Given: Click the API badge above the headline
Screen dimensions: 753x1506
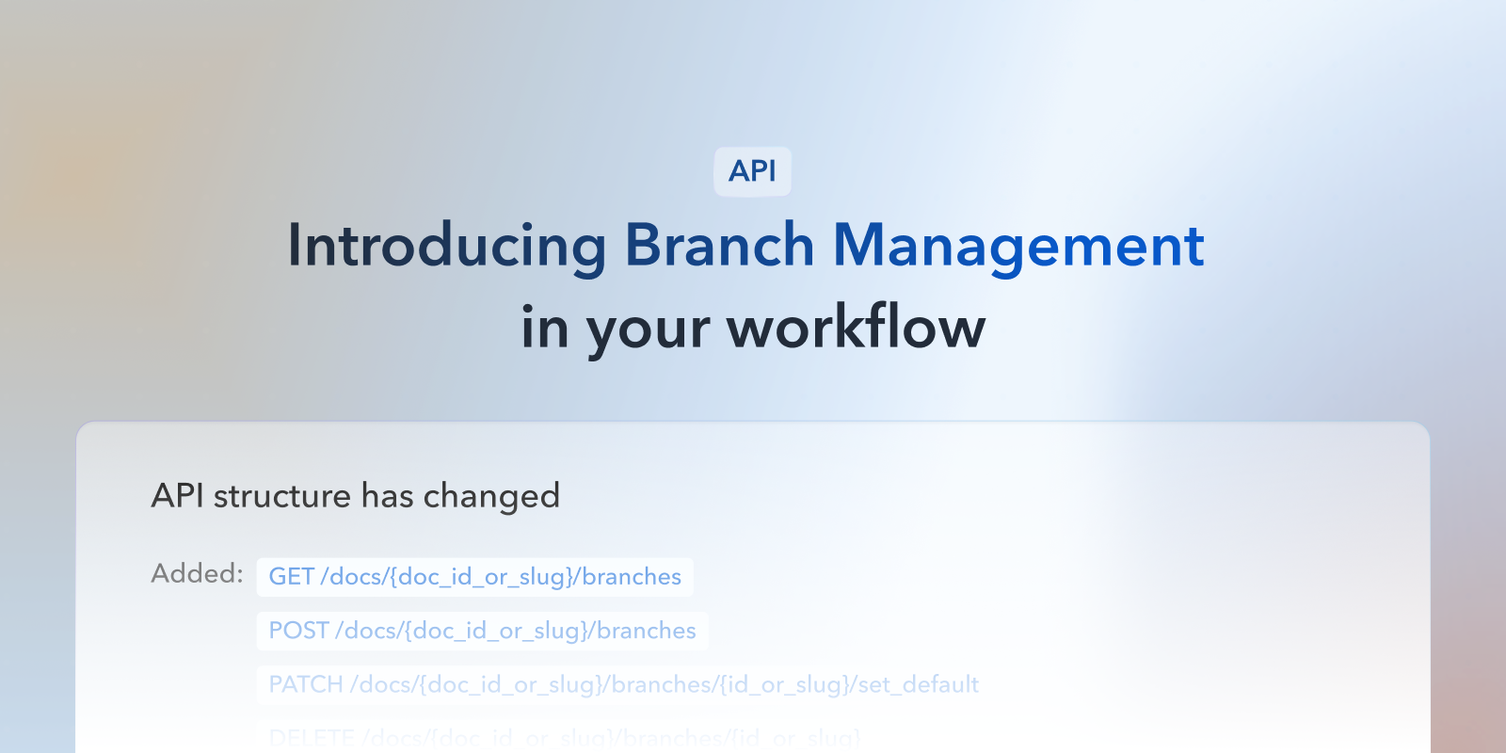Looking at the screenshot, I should tap(752, 171).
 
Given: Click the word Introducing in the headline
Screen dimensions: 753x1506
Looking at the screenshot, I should tap(447, 247).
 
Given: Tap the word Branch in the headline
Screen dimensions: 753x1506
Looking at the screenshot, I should tap(719, 247).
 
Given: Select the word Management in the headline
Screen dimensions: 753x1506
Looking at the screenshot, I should tap(1018, 247).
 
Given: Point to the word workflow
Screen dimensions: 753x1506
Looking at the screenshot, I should tap(856, 328).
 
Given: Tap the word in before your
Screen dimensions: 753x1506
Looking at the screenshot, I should tap(544, 328).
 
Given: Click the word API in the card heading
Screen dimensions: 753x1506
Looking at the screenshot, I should tap(177, 496).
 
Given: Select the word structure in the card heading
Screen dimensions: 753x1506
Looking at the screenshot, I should tap(281, 496).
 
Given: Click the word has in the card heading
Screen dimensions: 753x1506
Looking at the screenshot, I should tap(387, 496).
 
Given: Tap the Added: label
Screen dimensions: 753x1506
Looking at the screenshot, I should tap(197, 573).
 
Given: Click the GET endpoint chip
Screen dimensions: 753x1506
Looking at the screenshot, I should tap(475, 577).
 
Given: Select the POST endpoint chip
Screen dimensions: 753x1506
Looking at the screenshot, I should tap(482, 631).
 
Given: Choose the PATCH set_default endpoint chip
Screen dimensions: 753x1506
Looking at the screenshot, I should tap(623, 684).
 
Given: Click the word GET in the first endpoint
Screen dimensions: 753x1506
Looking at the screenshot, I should tap(291, 577).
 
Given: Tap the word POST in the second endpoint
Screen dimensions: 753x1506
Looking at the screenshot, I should tap(298, 631).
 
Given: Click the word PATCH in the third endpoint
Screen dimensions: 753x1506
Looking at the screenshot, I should tap(306, 684).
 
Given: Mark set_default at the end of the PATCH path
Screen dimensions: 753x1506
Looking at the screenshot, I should tap(918, 684).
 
